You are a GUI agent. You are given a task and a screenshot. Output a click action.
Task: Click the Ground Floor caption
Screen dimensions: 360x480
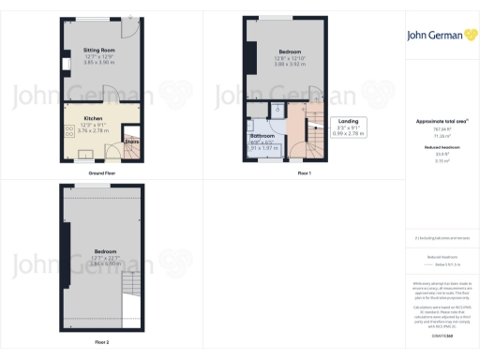102,174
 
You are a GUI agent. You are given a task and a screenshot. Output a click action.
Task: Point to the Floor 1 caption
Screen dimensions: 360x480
304,174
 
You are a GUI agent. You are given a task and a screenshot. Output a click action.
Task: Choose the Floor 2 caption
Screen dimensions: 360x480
101,342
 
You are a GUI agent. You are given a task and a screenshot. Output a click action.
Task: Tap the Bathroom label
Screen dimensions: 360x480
262,136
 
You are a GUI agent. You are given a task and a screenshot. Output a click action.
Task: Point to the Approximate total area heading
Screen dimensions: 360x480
436,121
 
